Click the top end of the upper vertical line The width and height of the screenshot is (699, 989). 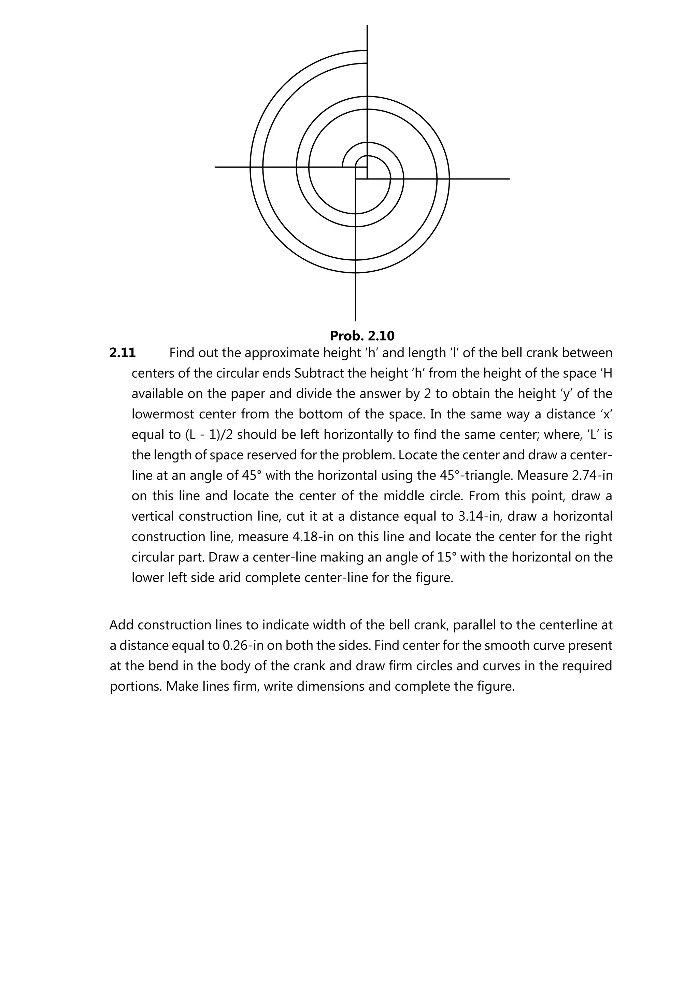[367, 26]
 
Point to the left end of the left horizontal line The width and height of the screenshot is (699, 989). [216, 167]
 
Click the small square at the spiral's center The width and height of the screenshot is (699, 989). [361, 173]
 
